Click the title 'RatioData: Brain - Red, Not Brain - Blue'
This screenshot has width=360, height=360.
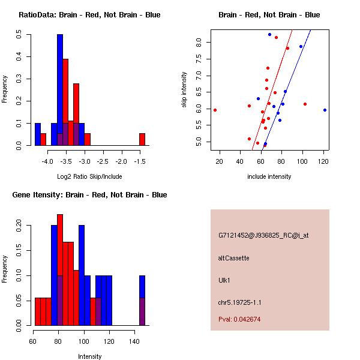[89, 15]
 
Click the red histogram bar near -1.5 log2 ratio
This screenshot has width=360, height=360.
[142, 139]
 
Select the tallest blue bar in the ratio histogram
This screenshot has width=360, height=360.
[60, 90]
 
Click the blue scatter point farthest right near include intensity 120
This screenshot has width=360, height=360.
[325, 110]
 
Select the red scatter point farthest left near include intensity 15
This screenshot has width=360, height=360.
[215, 110]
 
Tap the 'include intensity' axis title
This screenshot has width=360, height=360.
[269, 176]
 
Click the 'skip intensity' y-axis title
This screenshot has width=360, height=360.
[184, 90]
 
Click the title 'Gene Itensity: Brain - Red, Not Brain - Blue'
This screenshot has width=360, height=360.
[89, 195]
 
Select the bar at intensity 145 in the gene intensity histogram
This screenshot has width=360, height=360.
[142, 300]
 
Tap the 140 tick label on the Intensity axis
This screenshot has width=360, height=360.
[135, 341]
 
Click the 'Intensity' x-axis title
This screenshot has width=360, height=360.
[90, 356]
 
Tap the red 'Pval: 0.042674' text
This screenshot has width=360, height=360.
[239, 319]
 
